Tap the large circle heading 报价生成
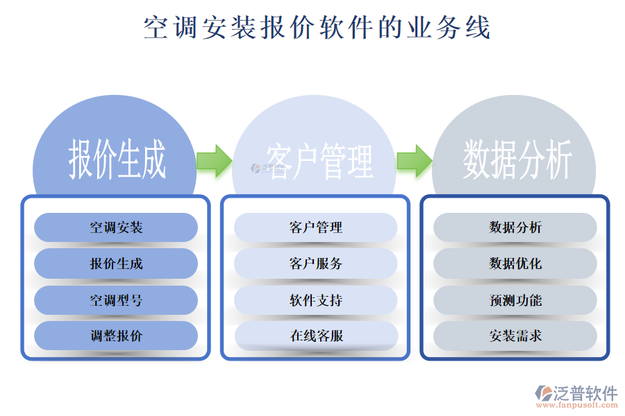pos(117,159)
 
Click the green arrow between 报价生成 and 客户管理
pos(214,160)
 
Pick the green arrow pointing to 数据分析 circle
pos(415,160)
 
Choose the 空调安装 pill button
pos(116,227)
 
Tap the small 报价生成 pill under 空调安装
pos(116,263)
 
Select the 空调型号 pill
pos(116,300)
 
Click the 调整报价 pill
pos(116,336)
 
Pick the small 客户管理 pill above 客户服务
pos(316,227)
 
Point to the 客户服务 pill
pos(316,263)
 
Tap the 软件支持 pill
pos(316,300)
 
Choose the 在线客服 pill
pos(316,336)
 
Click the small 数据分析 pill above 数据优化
pos(515,227)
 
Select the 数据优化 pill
pos(515,263)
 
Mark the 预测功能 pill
pos(515,300)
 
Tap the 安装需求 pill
pos(515,336)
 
